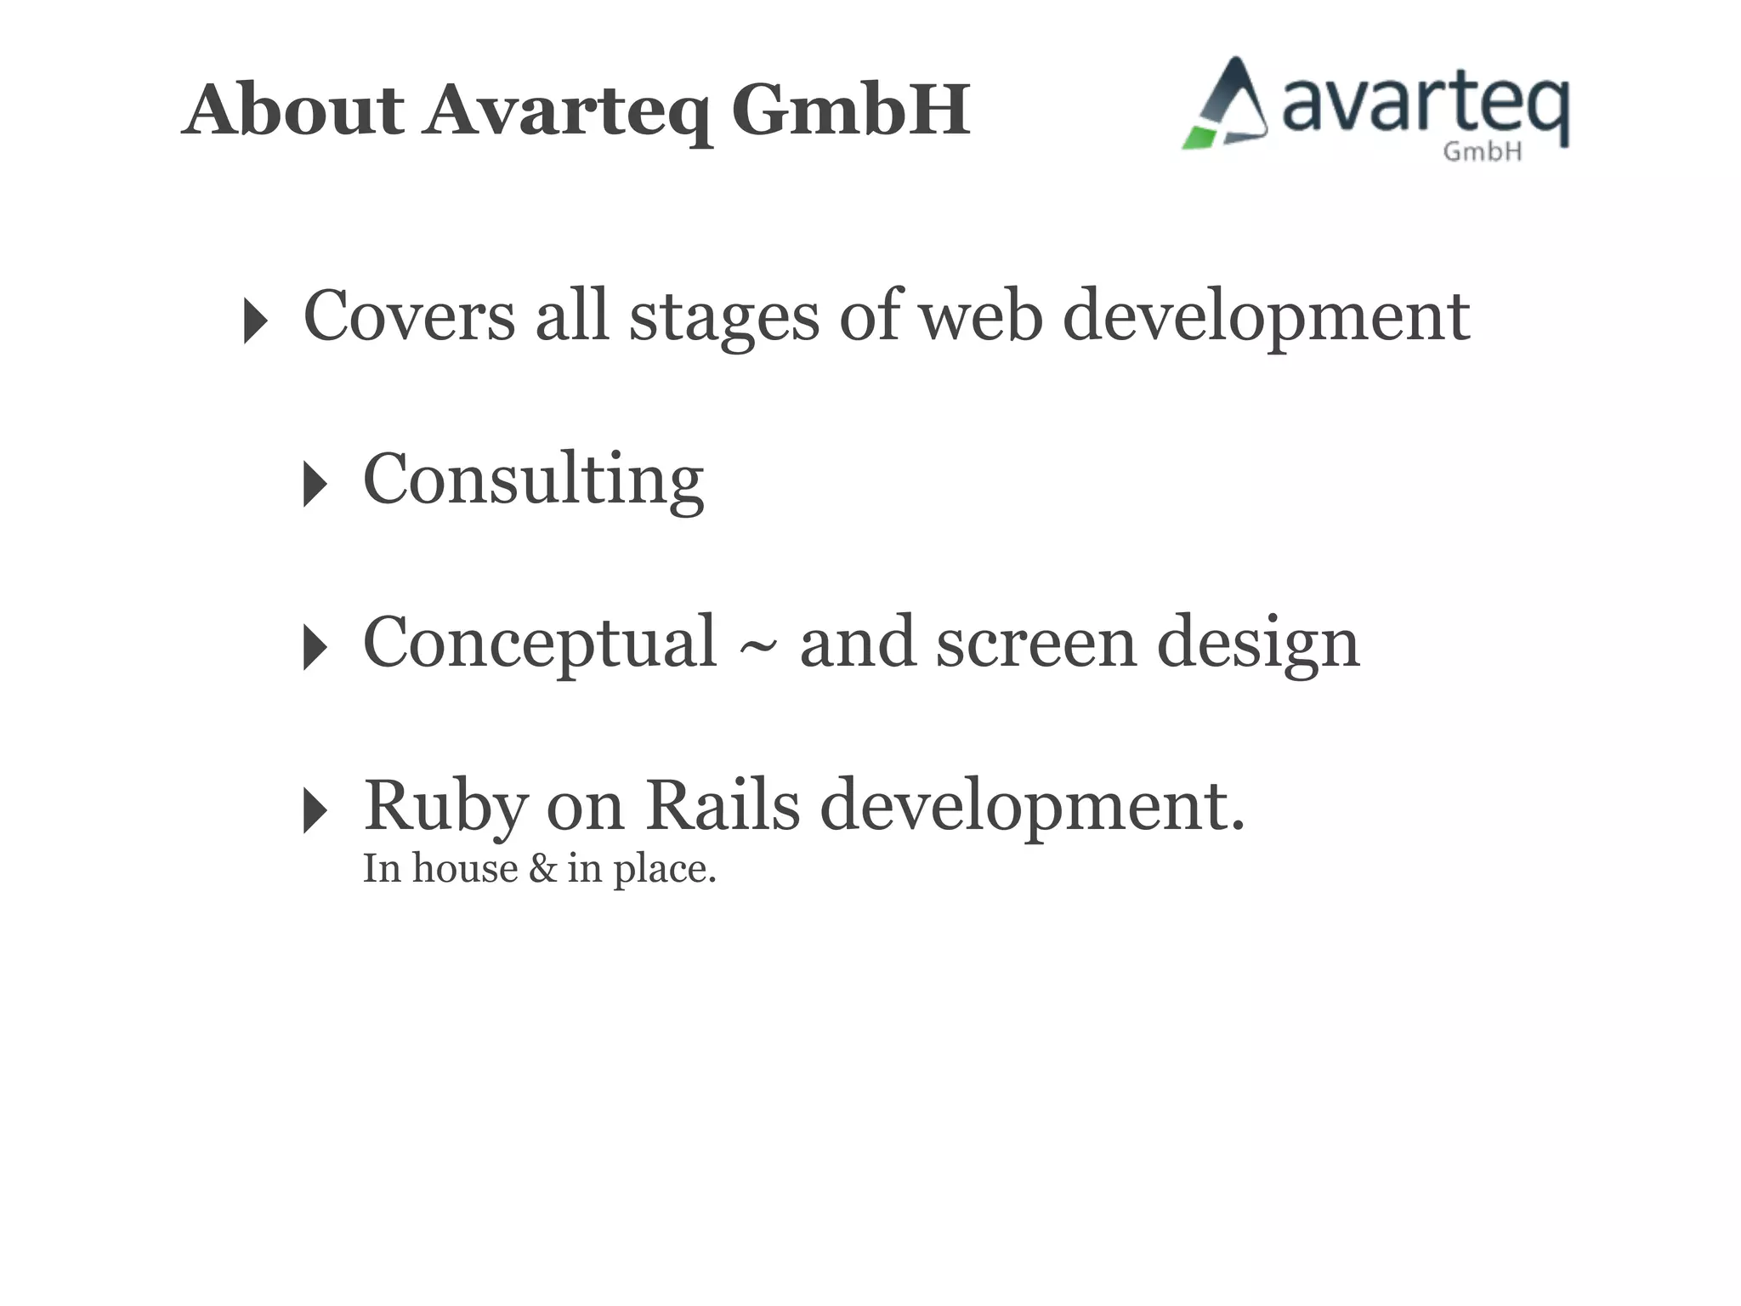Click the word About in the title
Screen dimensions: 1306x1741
[x=293, y=110]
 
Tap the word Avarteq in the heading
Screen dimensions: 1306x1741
[x=567, y=111]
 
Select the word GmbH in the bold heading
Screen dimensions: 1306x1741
[x=850, y=110]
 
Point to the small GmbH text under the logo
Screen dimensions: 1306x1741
[x=1482, y=152]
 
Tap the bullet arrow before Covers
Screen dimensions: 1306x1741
[x=254, y=321]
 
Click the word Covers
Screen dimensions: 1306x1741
[x=409, y=315]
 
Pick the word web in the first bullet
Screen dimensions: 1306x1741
[x=981, y=315]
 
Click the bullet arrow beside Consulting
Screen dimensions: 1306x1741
[x=314, y=485]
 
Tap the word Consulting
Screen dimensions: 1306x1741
[x=533, y=480]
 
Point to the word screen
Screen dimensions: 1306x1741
[x=1035, y=644]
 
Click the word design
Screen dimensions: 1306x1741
[x=1257, y=645]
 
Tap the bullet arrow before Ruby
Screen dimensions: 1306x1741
[x=314, y=810]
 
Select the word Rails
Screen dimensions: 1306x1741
[x=723, y=805]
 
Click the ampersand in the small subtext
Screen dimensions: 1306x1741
[x=542, y=869]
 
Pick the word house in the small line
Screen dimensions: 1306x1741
[x=465, y=869]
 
